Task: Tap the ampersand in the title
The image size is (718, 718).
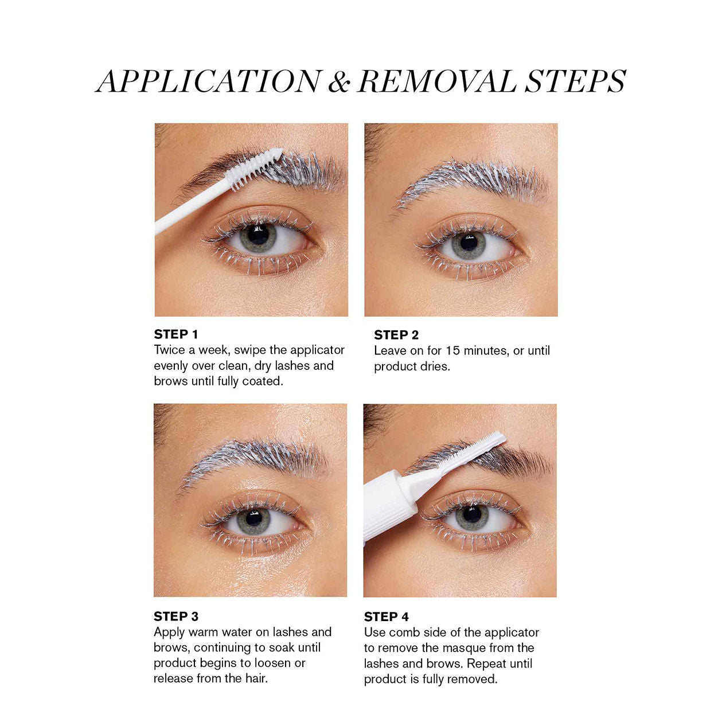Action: [x=339, y=82]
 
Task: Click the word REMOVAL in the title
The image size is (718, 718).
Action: [x=436, y=81]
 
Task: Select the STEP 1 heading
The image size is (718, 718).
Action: [x=176, y=334]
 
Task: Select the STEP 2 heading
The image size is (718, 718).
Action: [x=396, y=335]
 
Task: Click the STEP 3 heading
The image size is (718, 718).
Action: [x=176, y=616]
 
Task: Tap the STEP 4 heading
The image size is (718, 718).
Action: [x=387, y=617]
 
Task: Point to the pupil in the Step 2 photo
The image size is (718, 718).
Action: [x=469, y=243]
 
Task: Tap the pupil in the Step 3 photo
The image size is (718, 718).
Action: [x=253, y=518]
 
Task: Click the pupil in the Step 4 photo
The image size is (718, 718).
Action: [x=471, y=514]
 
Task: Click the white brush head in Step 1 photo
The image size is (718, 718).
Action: [x=256, y=167]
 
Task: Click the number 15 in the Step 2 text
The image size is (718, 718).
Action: [x=452, y=350]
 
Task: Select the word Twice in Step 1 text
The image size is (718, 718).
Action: [x=170, y=350]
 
